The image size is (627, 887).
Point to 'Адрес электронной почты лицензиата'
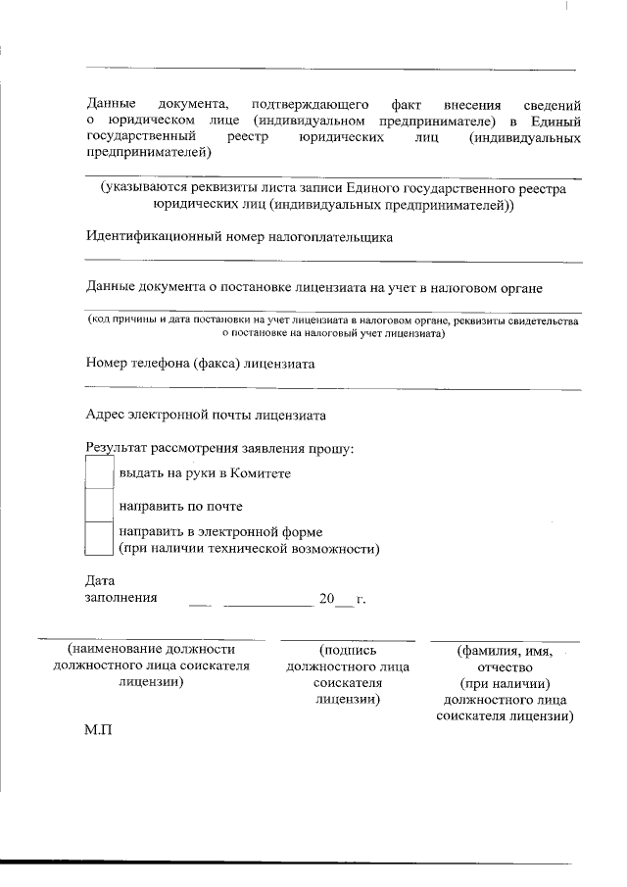point(206,415)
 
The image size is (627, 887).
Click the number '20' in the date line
point(326,597)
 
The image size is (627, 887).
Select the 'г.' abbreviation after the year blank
point(361,598)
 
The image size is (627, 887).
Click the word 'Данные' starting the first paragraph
point(110,103)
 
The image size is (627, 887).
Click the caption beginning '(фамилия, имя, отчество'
point(505,682)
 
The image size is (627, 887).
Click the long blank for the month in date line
point(266,599)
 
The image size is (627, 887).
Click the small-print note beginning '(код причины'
point(333,326)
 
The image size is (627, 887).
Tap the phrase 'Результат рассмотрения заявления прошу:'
point(219,449)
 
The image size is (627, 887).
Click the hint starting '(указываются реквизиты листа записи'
point(333,197)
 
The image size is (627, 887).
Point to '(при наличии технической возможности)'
point(249,549)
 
